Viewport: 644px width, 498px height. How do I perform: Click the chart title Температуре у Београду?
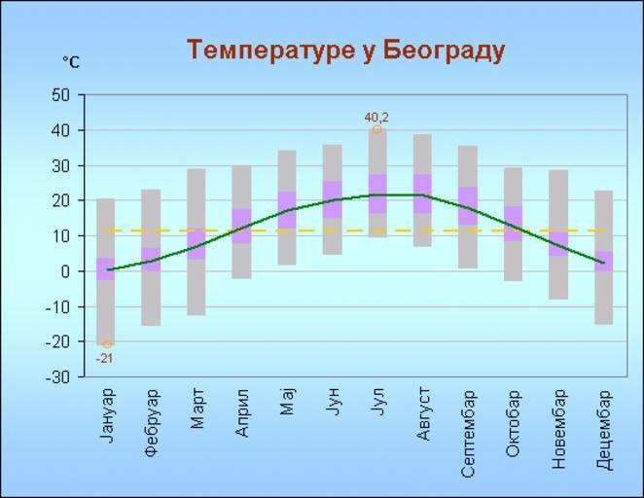345,50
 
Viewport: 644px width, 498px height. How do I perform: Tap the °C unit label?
71,62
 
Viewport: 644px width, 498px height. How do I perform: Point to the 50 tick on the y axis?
61,95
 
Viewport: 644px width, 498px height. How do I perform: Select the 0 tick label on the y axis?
66,271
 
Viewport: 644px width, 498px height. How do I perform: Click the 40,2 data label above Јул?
376,118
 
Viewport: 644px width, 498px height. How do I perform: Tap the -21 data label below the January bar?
104,358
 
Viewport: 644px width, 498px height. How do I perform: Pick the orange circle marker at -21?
107,343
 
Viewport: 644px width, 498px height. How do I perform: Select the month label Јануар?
108,415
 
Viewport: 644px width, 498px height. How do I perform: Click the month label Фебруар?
153,422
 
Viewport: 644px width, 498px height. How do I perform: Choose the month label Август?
423,412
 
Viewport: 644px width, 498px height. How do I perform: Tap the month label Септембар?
468,434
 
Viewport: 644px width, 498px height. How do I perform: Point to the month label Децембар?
603,429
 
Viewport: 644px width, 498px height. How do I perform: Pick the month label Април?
242,412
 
